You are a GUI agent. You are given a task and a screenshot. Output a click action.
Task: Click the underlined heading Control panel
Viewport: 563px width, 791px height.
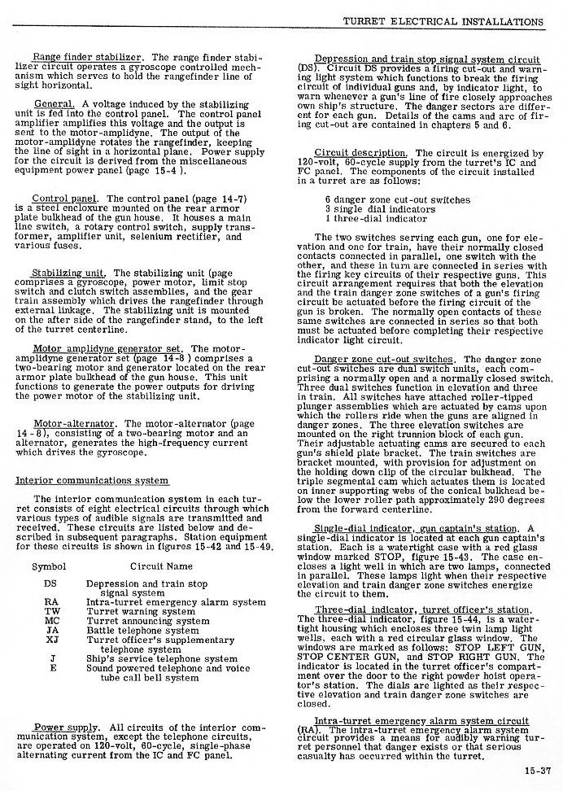point(68,199)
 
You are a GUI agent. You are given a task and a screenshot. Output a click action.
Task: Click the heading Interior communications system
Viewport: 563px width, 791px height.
point(92,480)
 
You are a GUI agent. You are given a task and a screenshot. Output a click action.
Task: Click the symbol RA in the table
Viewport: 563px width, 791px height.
point(51,603)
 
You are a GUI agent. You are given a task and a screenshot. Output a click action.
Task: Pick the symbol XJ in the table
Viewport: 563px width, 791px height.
point(51,640)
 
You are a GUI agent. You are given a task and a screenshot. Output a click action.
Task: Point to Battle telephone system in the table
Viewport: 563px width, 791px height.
point(142,631)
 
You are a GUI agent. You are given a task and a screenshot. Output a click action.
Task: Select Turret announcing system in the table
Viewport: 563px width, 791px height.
point(147,621)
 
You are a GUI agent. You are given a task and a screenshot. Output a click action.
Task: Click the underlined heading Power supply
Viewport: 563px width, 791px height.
point(67,728)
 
